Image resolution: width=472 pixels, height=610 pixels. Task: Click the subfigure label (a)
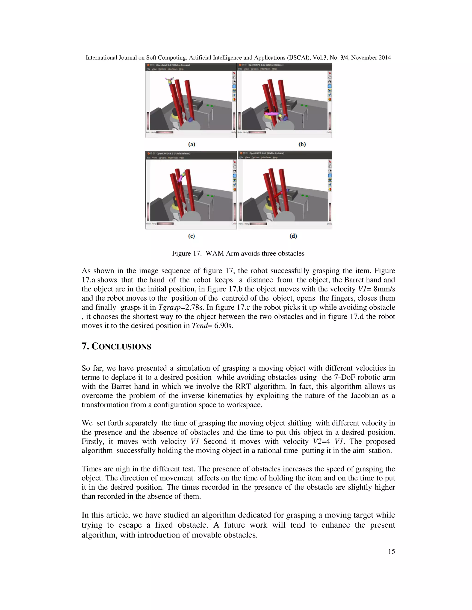click(x=192, y=144)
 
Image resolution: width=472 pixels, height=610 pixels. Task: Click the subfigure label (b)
click(x=302, y=144)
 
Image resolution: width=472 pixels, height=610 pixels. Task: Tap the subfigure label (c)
click(x=191, y=236)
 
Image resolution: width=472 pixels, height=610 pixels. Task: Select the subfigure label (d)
click(x=293, y=236)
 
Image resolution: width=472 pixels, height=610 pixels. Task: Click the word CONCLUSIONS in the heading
click(x=121, y=347)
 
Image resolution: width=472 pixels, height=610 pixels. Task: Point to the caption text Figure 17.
click(x=186, y=253)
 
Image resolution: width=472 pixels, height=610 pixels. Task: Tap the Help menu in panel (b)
click(x=274, y=69)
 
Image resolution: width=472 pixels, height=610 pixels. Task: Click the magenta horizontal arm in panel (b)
click(x=273, y=114)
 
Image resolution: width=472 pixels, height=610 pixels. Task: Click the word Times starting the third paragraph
click(x=91, y=469)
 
